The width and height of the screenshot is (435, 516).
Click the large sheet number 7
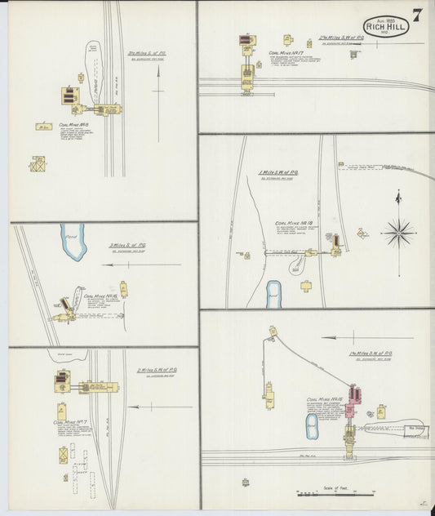coord(416,16)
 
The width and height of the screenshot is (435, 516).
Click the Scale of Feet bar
coord(335,493)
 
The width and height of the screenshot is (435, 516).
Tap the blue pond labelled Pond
coord(73,242)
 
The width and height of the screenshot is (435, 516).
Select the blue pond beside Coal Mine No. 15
coord(312,425)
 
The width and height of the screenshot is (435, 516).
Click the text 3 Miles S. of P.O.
coord(127,245)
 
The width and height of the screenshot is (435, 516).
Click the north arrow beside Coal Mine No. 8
coord(155,82)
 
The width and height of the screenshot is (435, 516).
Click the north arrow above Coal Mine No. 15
coord(344,337)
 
